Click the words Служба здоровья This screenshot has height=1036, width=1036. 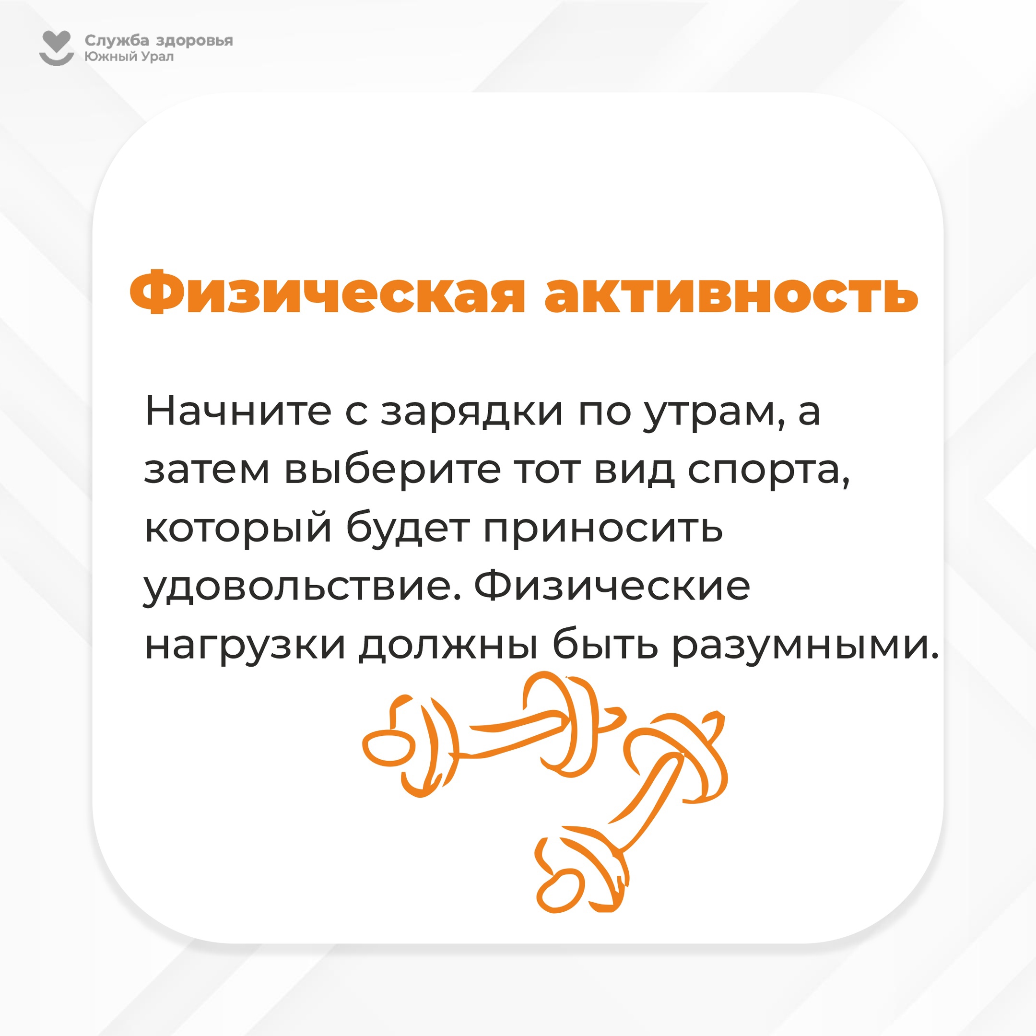(159, 41)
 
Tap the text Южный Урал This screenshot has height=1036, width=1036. (129, 56)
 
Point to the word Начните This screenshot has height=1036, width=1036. (238, 412)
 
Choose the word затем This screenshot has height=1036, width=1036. (207, 470)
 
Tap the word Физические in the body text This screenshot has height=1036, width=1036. (612, 587)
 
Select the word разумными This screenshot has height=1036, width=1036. (805, 646)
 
